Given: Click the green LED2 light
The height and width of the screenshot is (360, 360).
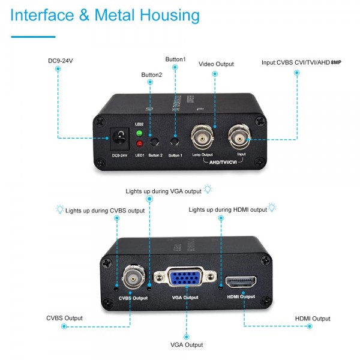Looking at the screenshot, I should pos(139,133).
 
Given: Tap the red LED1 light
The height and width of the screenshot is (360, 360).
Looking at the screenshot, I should pos(139,144).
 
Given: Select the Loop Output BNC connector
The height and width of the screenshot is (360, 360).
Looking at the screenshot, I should pos(202,137).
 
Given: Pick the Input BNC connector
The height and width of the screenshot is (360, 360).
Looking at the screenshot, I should pos(240,139).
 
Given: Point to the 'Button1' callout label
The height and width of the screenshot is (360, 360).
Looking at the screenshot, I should pos(175,59).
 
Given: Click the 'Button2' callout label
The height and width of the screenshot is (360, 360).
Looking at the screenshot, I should pos(151,75).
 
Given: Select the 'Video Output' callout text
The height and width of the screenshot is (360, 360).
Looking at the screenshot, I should pos(216,64).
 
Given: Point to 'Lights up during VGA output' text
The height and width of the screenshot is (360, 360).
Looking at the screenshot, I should pos(163,191).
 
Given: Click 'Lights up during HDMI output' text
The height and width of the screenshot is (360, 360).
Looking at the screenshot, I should pos(227,210).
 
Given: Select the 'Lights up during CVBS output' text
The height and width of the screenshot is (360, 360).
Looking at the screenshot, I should pos(105,211).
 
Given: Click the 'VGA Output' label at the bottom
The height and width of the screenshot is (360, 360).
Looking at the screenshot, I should pos(185,344).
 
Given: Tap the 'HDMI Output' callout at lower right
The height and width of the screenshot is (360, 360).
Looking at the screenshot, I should pos(313,319).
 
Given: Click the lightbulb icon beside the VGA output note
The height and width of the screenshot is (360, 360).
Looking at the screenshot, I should pos(208,190).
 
